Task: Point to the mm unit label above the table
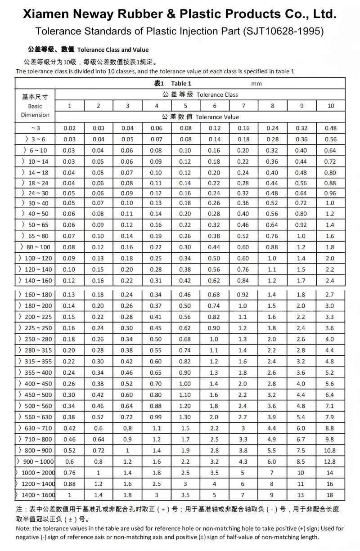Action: coord(256,83)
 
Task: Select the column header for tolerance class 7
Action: coord(243,106)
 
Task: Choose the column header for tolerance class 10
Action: coord(331,106)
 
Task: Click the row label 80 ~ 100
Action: coord(36,247)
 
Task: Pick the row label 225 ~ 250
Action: coord(36,328)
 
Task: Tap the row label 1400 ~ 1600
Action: coord(36,495)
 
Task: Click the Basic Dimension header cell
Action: coord(35,106)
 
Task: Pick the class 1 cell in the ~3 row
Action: coord(70,128)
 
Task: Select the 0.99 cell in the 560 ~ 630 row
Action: coord(157,417)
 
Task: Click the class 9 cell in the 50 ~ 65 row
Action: coord(301,224)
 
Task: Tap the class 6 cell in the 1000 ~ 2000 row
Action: coord(214,473)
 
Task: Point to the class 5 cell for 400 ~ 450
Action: coord(185,384)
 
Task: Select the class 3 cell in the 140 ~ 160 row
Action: coord(127,280)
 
